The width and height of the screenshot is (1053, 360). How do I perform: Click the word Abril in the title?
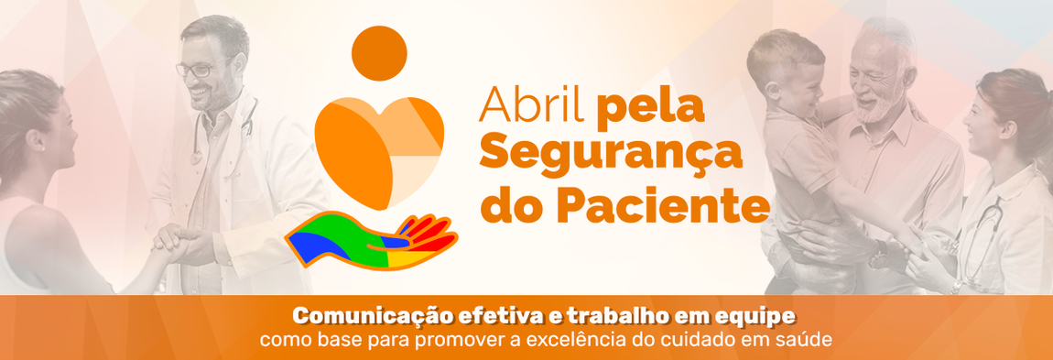point(533,107)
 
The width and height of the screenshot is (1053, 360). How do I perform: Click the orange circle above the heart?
point(378,53)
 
